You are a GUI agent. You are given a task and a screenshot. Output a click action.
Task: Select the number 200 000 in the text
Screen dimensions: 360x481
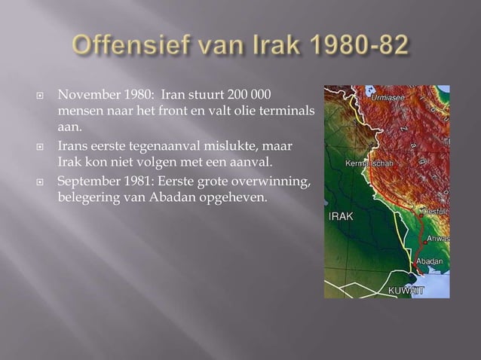243,97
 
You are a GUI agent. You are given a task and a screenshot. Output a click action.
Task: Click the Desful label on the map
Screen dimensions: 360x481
435,213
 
